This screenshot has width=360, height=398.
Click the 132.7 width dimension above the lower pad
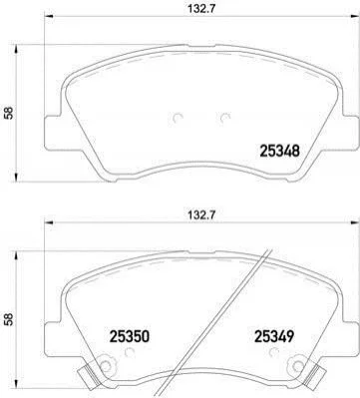(199, 214)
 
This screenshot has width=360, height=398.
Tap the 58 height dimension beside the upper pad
(8, 113)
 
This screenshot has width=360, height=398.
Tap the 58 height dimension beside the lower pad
(8, 319)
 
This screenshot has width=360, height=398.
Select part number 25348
(279, 151)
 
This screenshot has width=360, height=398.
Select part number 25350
(130, 337)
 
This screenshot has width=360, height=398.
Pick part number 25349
(274, 337)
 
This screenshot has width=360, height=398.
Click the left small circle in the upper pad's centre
(178, 119)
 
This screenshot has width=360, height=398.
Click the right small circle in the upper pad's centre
(225, 118)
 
